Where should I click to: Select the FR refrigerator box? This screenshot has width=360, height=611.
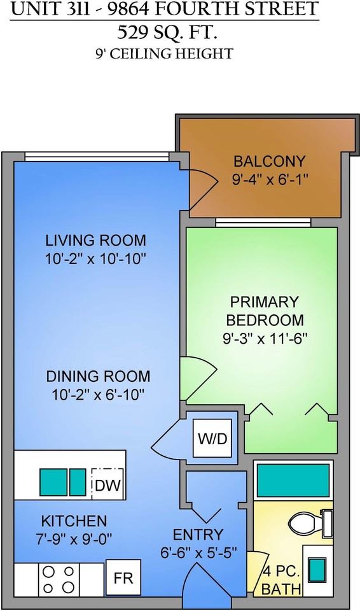tap(123, 579)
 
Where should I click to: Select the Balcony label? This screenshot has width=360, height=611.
tap(269, 161)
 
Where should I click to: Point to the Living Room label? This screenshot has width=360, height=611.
tap(95, 241)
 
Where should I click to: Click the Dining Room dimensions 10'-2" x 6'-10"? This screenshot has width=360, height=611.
tap(98, 395)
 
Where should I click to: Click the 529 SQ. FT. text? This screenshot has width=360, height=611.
tap(165, 32)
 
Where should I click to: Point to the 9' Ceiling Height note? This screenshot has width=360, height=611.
tap(163, 53)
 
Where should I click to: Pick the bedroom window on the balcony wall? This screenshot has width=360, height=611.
tap(263, 222)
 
